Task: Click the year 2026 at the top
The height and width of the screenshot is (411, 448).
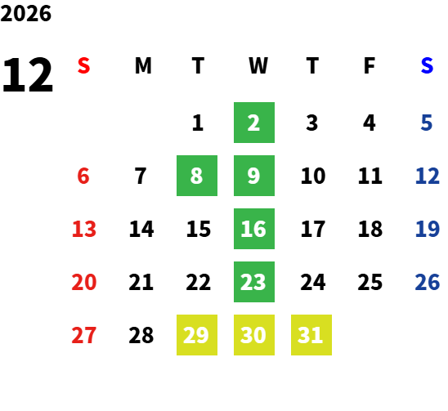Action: coord(25,13)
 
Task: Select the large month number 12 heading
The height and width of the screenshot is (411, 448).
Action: coord(28,75)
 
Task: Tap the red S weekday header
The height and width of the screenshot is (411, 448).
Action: coord(83,65)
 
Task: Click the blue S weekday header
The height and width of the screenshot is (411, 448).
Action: coord(427,65)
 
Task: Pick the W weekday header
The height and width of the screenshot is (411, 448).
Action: coord(258,65)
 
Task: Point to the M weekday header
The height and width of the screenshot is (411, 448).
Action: coord(143,65)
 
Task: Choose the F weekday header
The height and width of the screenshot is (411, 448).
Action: coord(370,65)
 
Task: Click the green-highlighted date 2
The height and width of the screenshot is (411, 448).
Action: coord(254,123)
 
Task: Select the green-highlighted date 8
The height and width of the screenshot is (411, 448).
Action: coord(197,176)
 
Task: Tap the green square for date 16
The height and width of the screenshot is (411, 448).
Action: coord(254,229)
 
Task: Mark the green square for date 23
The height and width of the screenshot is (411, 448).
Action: coord(254,282)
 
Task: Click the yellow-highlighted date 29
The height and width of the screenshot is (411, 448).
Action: coord(197,335)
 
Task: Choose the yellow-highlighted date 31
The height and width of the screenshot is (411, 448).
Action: coord(311,335)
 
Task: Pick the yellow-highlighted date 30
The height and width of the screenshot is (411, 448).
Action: coord(254,335)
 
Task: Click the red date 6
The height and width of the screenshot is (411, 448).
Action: coord(83,176)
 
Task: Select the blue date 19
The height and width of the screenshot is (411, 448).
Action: coord(427,229)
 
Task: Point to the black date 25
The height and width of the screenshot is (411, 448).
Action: coord(370,282)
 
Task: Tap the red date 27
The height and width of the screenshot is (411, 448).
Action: coord(83,335)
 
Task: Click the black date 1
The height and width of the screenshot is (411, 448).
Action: coord(198,123)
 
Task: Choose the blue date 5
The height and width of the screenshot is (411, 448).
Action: coord(426,123)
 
